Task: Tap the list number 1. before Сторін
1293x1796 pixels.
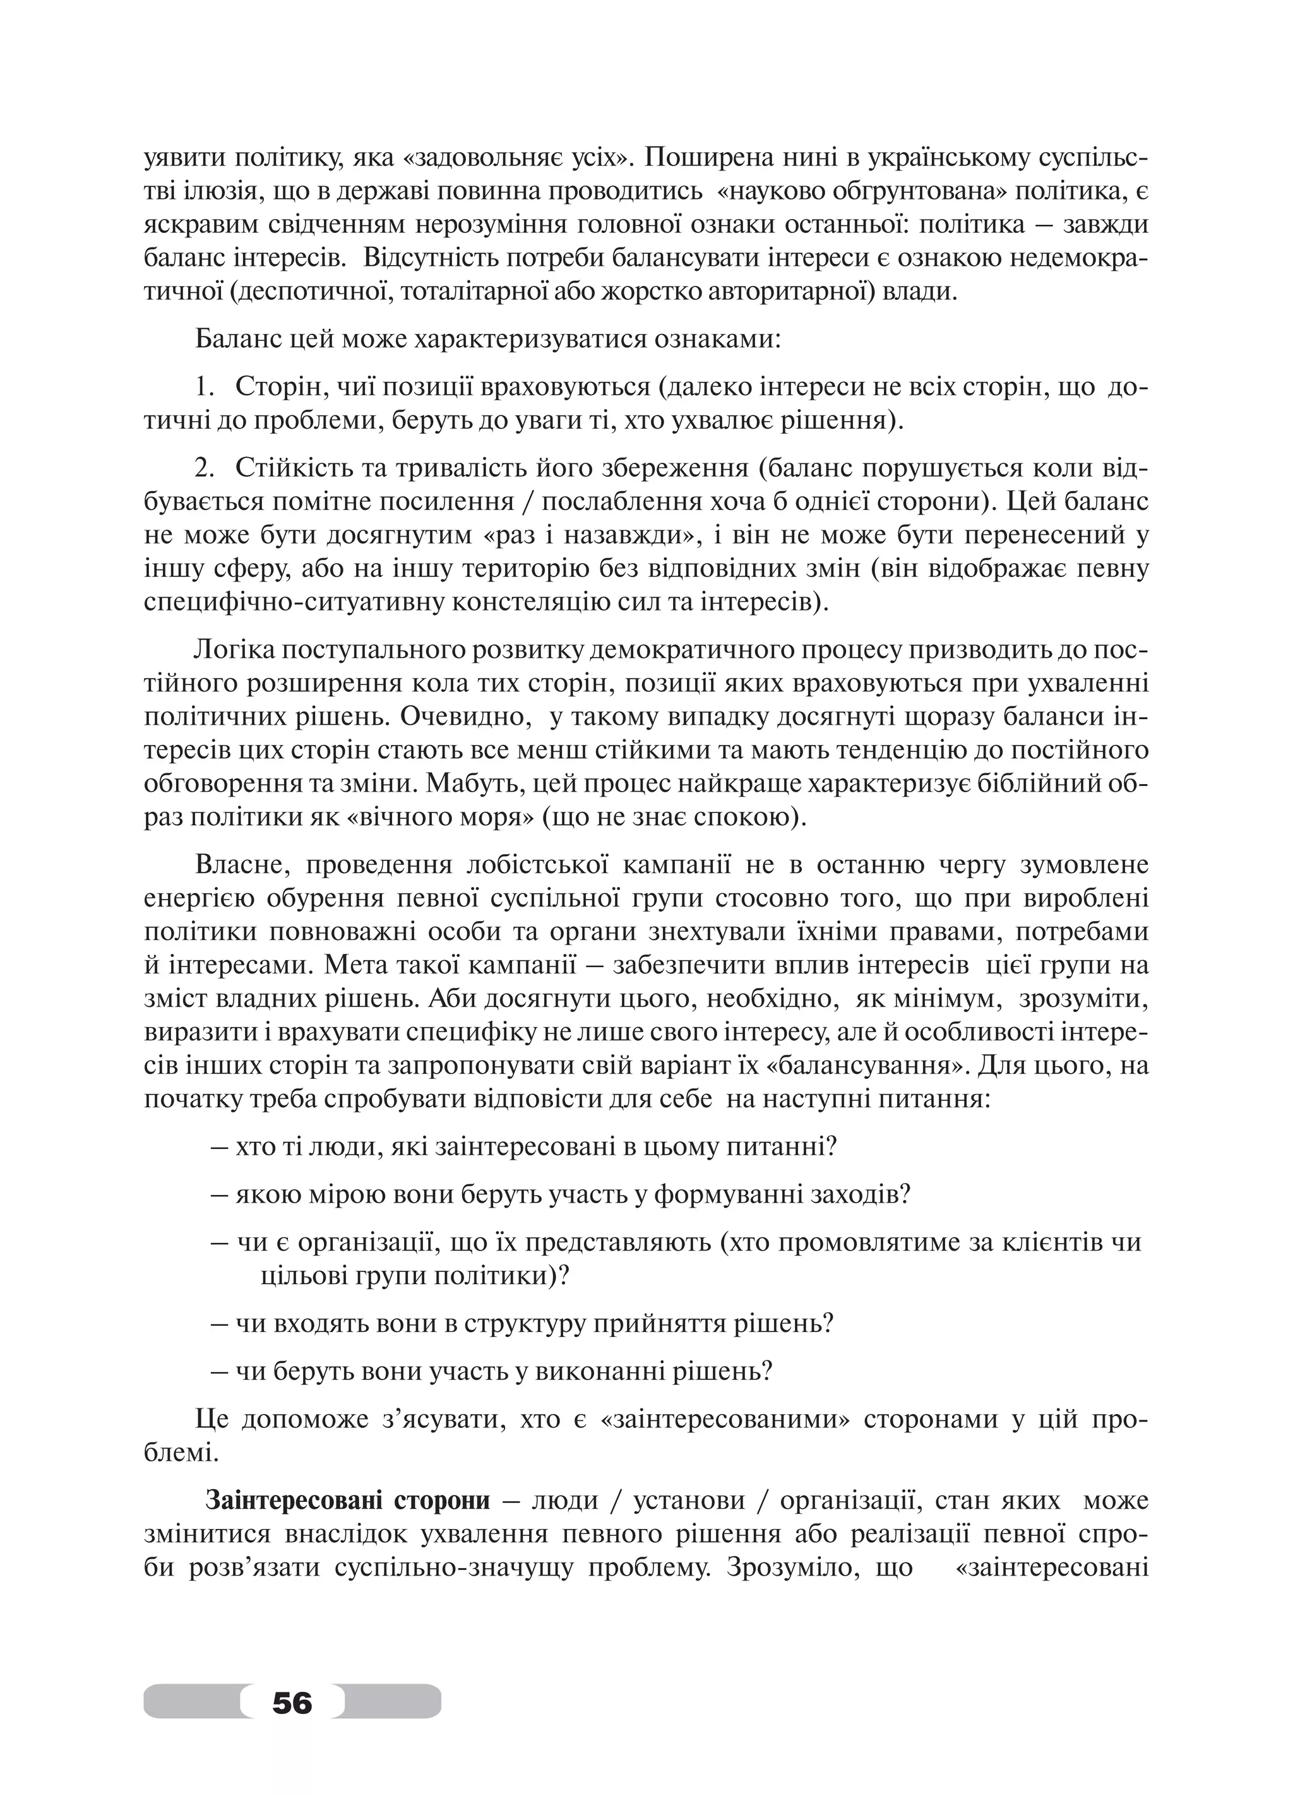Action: click(205, 388)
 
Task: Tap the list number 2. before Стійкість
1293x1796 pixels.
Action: click(205, 469)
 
